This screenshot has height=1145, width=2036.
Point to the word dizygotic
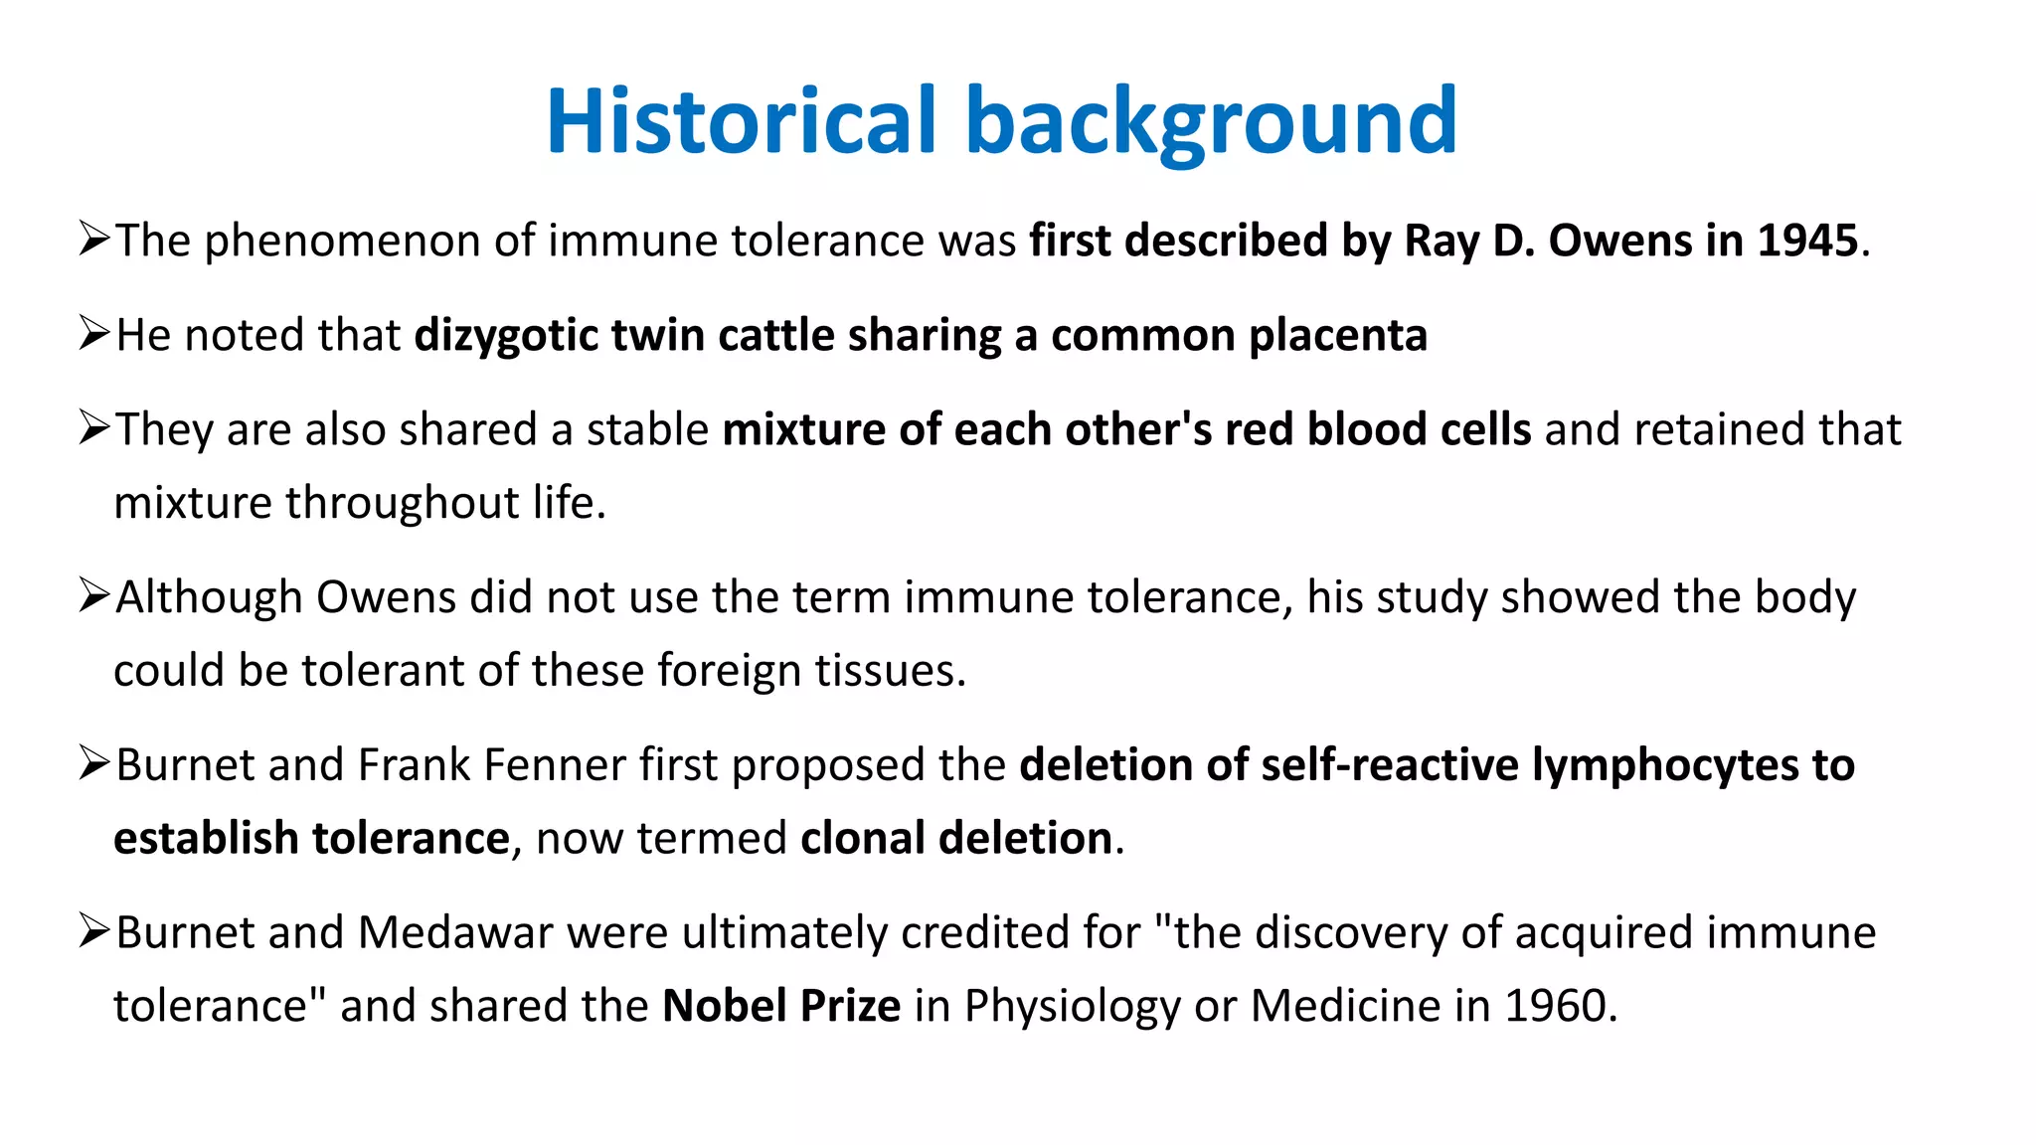[x=506, y=336]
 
